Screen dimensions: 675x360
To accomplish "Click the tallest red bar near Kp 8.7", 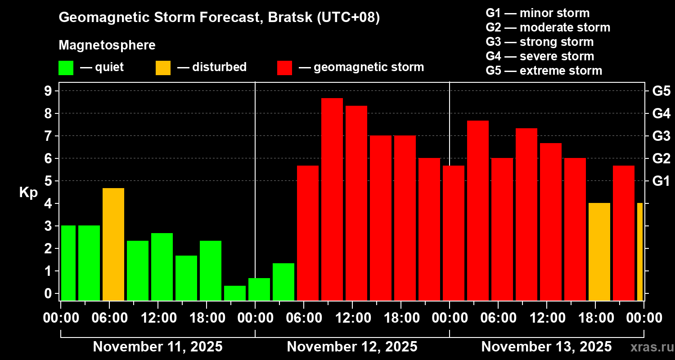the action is (x=332, y=199).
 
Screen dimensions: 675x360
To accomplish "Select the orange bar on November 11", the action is (x=113, y=244).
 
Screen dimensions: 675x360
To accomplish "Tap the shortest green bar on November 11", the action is (x=235, y=293).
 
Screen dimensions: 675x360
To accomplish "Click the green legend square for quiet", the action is (x=66, y=68).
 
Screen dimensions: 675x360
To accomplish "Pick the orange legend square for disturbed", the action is (x=163, y=68).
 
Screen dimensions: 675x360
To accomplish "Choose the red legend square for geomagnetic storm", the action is (x=284, y=68).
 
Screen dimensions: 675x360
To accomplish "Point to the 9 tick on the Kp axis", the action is (x=48, y=91).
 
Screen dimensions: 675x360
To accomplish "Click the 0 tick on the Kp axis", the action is (x=48, y=293).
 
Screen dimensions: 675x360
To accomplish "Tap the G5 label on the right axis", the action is (x=661, y=91).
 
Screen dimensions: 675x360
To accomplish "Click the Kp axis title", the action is (x=28, y=193).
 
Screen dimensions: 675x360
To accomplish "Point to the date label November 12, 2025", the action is (x=352, y=346).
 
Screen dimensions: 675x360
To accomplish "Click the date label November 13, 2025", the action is (x=546, y=346).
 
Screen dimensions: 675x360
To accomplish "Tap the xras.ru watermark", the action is (x=652, y=347).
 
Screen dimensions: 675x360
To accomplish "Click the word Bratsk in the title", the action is (x=290, y=17).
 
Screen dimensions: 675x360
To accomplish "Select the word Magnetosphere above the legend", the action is (x=107, y=45).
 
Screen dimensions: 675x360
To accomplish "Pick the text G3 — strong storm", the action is (x=540, y=42).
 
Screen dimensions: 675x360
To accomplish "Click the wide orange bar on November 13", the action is (x=599, y=252).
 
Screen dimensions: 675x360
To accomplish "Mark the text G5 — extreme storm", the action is (x=544, y=71).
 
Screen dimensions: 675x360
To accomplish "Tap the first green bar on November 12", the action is (x=259, y=289).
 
